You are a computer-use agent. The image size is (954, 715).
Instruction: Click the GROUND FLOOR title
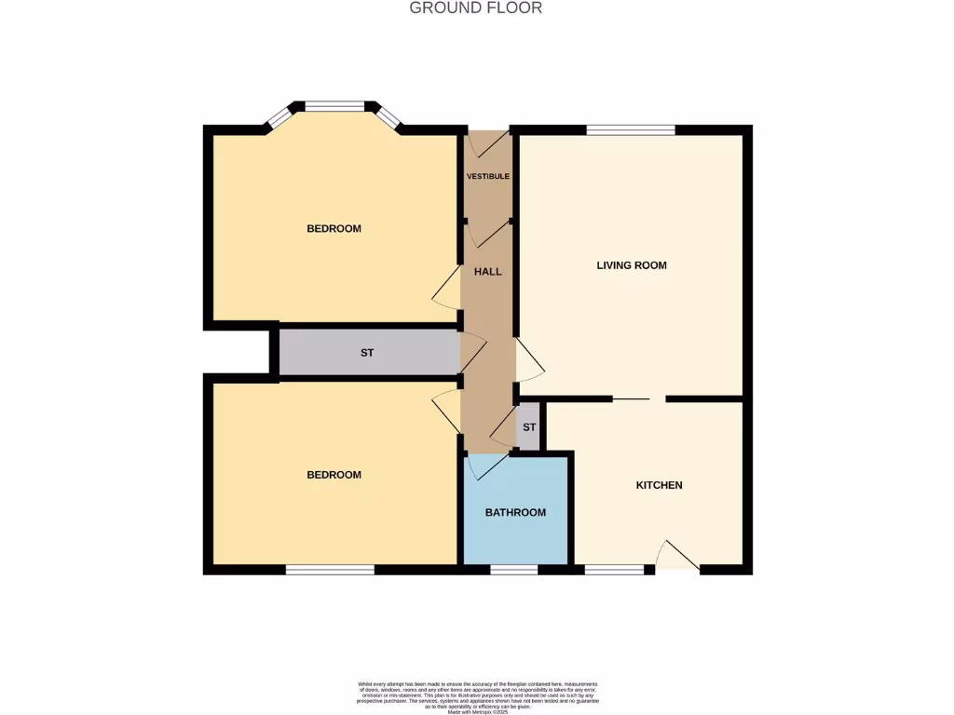[476, 8]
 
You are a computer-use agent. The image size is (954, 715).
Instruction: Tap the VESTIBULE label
[487, 176]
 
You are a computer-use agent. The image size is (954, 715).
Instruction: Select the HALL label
[487, 272]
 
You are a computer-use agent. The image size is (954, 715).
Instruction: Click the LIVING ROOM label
[632, 265]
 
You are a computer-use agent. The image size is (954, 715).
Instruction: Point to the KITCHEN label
[659, 485]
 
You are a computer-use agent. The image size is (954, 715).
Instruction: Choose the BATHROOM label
[515, 512]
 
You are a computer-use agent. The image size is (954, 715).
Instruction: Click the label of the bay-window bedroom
[334, 229]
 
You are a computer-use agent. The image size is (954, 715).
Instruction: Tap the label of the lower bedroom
[334, 475]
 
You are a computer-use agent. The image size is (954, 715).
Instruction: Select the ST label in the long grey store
[367, 353]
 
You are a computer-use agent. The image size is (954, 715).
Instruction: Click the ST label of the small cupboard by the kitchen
[529, 427]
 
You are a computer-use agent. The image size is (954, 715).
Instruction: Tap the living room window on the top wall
[631, 130]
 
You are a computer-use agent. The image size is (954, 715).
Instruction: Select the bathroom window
[513, 569]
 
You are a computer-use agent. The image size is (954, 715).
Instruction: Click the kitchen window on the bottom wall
[613, 569]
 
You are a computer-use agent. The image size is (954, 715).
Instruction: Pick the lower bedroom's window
[330, 569]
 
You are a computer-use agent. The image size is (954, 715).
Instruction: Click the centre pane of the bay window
[334, 106]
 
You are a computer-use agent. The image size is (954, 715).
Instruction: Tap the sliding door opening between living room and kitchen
[639, 398]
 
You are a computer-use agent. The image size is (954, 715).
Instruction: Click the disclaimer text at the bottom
[476, 697]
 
